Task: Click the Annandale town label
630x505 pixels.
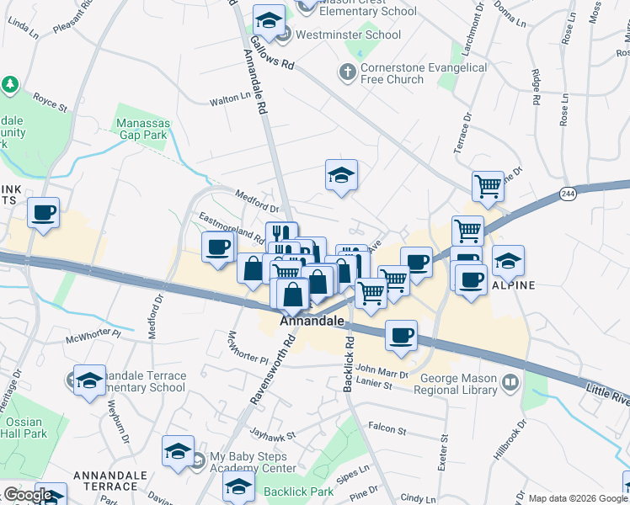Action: tap(312, 321)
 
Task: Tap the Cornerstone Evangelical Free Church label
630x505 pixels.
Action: tap(424, 73)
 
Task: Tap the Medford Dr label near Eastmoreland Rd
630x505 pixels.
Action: tap(257, 202)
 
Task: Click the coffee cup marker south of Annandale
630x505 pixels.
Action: tap(402, 334)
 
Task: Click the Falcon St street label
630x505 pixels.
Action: tap(387, 430)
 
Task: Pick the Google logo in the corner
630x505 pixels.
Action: tap(27, 496)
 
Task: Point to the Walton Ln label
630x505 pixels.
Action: tap(231, 100)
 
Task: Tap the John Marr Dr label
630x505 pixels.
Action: tap(382, 373)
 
